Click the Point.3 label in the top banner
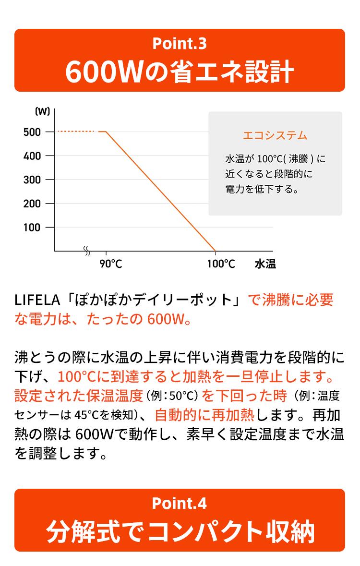point(180,44)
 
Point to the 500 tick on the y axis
point(32,132)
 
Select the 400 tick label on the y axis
point(32,156)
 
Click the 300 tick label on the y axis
point(32,180)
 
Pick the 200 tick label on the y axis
point(32,204)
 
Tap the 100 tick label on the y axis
point(32,227)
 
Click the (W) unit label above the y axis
point(43,111)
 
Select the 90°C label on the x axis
point(111,264)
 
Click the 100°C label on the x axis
point(221,264)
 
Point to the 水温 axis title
point(265,264)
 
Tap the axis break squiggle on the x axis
point(87,251)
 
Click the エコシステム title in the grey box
point(275,135)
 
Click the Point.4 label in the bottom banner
point(180,504)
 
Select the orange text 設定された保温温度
point(79,396)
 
